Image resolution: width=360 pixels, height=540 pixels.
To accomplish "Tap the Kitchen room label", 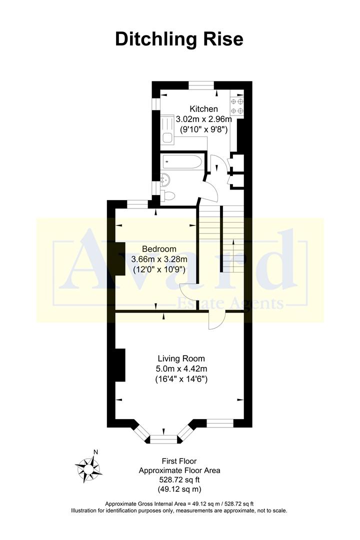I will click(203, 109).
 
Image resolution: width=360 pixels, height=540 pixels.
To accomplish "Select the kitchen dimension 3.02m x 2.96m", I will click(203, 119).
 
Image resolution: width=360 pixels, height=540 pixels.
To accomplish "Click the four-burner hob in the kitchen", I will click(236, 106).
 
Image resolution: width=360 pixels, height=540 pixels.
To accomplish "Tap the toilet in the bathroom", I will click(168, 194).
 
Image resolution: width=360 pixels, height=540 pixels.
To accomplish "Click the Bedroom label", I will click(159, 249).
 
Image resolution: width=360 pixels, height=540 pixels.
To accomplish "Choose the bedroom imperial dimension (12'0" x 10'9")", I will click(158, 269).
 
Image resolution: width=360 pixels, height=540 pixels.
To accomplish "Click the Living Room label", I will click(181, 358).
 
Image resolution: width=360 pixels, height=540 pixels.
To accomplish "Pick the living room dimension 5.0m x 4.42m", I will click(181, 369).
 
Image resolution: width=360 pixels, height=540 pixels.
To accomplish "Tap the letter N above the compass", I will click(95, 452).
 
